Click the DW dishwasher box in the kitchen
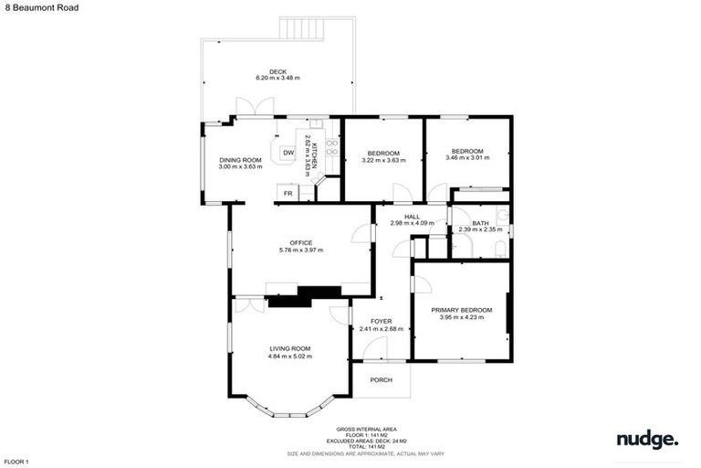tap(288, 153)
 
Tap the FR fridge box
tap(288, 193)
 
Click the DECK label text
tap(277, 71)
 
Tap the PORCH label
tap(381, 379)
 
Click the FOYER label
tap(381, 322)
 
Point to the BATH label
tap(480, 223)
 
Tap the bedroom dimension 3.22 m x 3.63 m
tap(383, 161)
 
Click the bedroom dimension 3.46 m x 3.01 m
tap(466, 157)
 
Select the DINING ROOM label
tap(240, 160)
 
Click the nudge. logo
tap(647, 440)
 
